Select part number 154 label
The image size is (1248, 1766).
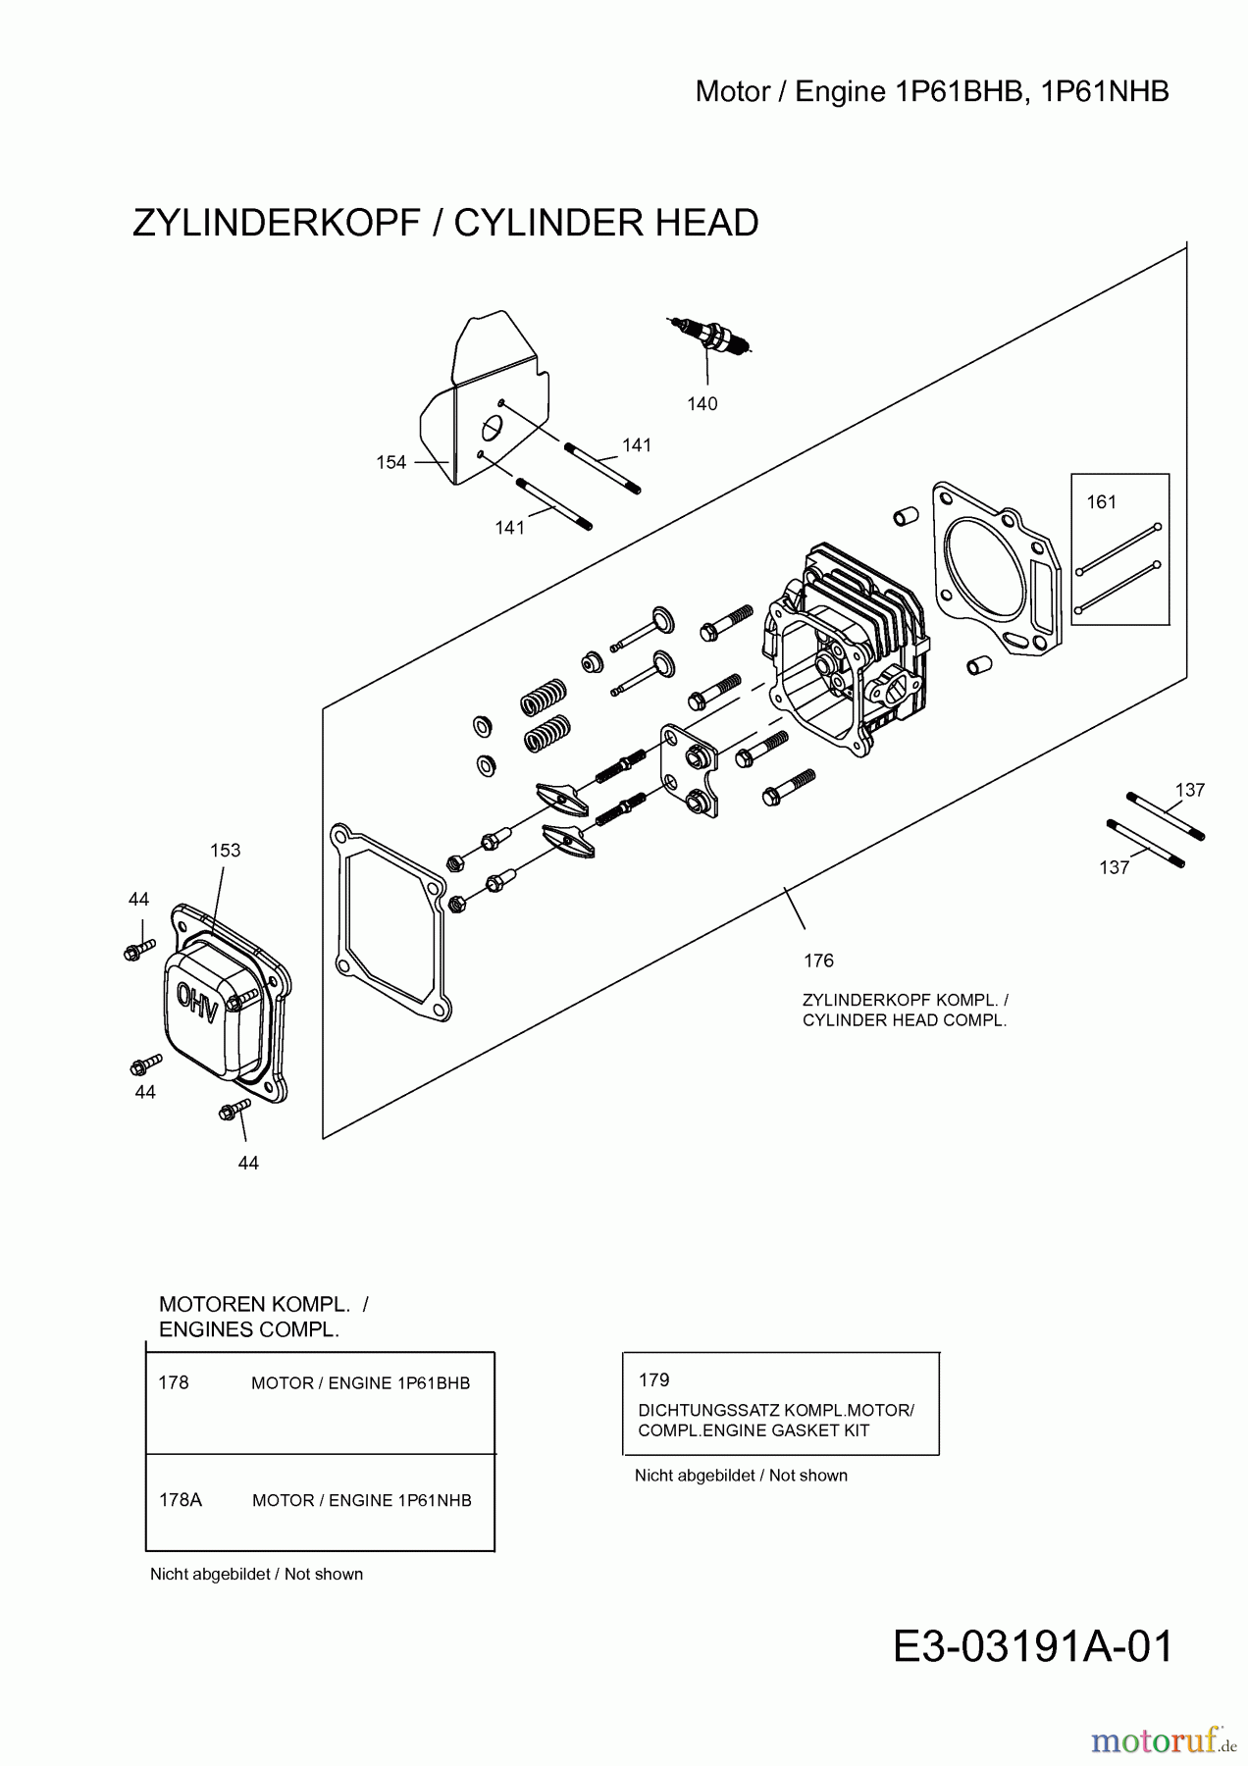point(390,462)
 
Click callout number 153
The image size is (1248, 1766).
point(225,851)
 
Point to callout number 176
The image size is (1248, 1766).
point(818,961)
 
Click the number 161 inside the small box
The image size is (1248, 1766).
point(1101,502)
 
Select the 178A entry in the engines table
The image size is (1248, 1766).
point(181,1500)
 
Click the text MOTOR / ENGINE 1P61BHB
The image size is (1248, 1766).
point(360,1383)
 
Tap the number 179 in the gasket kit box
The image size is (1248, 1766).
point(653,1380)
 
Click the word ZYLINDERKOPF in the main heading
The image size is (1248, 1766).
point(276,224)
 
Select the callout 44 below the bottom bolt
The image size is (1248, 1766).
point(248,1163)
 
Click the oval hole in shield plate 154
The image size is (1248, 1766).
point(492,429)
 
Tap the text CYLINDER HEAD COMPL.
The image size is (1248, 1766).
point(904,1020)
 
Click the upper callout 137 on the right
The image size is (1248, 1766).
point(1189,790)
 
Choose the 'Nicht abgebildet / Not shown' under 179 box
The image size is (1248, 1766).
point(741,1476)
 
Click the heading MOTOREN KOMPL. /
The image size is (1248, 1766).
point(263,1305)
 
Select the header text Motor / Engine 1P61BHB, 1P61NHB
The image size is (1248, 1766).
point(931,92)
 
